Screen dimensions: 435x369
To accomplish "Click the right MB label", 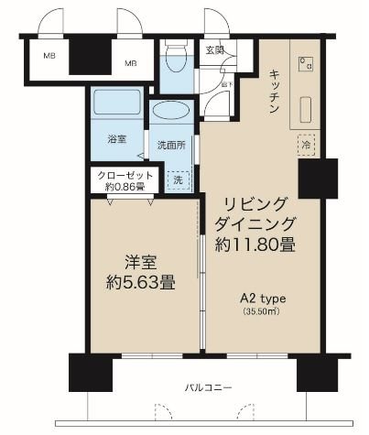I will [x=132, y=63].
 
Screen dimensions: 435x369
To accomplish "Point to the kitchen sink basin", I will [x=304, y=112].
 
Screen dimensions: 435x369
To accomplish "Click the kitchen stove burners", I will [x=303, y=63].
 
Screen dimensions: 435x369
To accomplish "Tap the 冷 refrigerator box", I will [x=304, y=144].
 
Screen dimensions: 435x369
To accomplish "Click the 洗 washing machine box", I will [x=179, y=180].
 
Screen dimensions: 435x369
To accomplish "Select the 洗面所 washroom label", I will [x=171, y=144].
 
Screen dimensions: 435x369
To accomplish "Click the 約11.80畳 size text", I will [x=255, y=245].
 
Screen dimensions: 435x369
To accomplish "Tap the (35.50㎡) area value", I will [x=262, y=312].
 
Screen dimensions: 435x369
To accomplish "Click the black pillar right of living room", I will [x=312, y=179].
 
